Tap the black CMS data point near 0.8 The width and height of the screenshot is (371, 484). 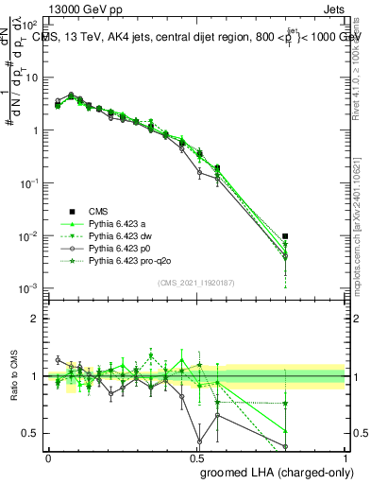click(x=286, y=236)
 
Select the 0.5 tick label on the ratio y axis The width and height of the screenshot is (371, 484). click(x=33, y=434)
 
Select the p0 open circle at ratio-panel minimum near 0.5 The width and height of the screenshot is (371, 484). click(x=199, y=441)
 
